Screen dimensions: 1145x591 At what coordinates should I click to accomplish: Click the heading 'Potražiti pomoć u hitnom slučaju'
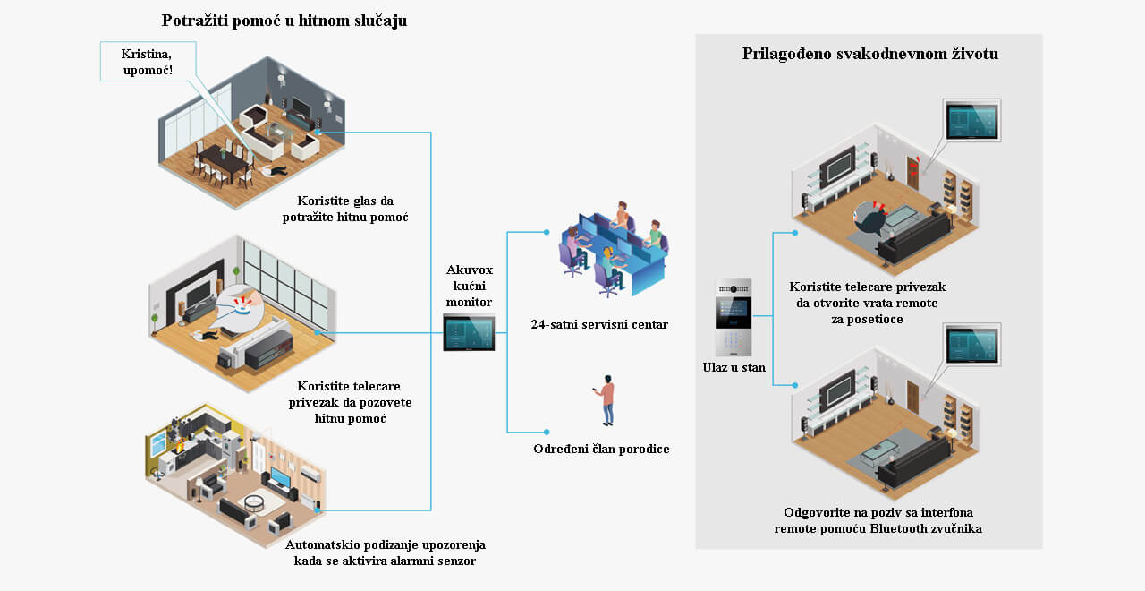pos(284,21)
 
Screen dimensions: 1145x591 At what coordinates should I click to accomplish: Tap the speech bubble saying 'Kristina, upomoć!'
pos(148,62)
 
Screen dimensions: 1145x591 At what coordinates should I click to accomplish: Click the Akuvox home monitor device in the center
pos(469,332)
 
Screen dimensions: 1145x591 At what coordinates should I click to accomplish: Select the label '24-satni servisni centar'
pos(599,324)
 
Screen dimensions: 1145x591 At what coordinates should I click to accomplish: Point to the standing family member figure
pos(606,400)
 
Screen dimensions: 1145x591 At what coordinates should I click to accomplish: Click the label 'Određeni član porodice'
pos(601,449)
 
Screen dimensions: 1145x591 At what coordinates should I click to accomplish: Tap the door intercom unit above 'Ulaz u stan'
pos(734,317)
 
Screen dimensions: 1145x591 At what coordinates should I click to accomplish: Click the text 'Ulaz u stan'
pos(734,367)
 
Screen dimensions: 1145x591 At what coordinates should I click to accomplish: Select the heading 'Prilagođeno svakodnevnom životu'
pos(870,54)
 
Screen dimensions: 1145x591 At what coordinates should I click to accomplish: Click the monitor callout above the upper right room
pos(971,120)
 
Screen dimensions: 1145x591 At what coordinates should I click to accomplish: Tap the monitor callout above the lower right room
pos(971,345)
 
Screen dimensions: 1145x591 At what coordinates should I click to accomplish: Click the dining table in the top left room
pos(224,158)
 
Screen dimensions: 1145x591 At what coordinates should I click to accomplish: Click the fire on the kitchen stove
pos(180,446)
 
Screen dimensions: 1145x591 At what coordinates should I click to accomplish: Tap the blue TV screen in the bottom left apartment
pos(280,477)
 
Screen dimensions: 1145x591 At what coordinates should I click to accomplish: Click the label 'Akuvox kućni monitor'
pos(470,286)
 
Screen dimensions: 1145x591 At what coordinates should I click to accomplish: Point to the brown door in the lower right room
pos(913,397)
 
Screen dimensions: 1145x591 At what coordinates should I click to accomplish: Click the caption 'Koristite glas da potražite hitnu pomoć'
pos(345,209)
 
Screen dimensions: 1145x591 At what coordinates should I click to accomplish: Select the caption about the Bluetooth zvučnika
pos(878,520)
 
